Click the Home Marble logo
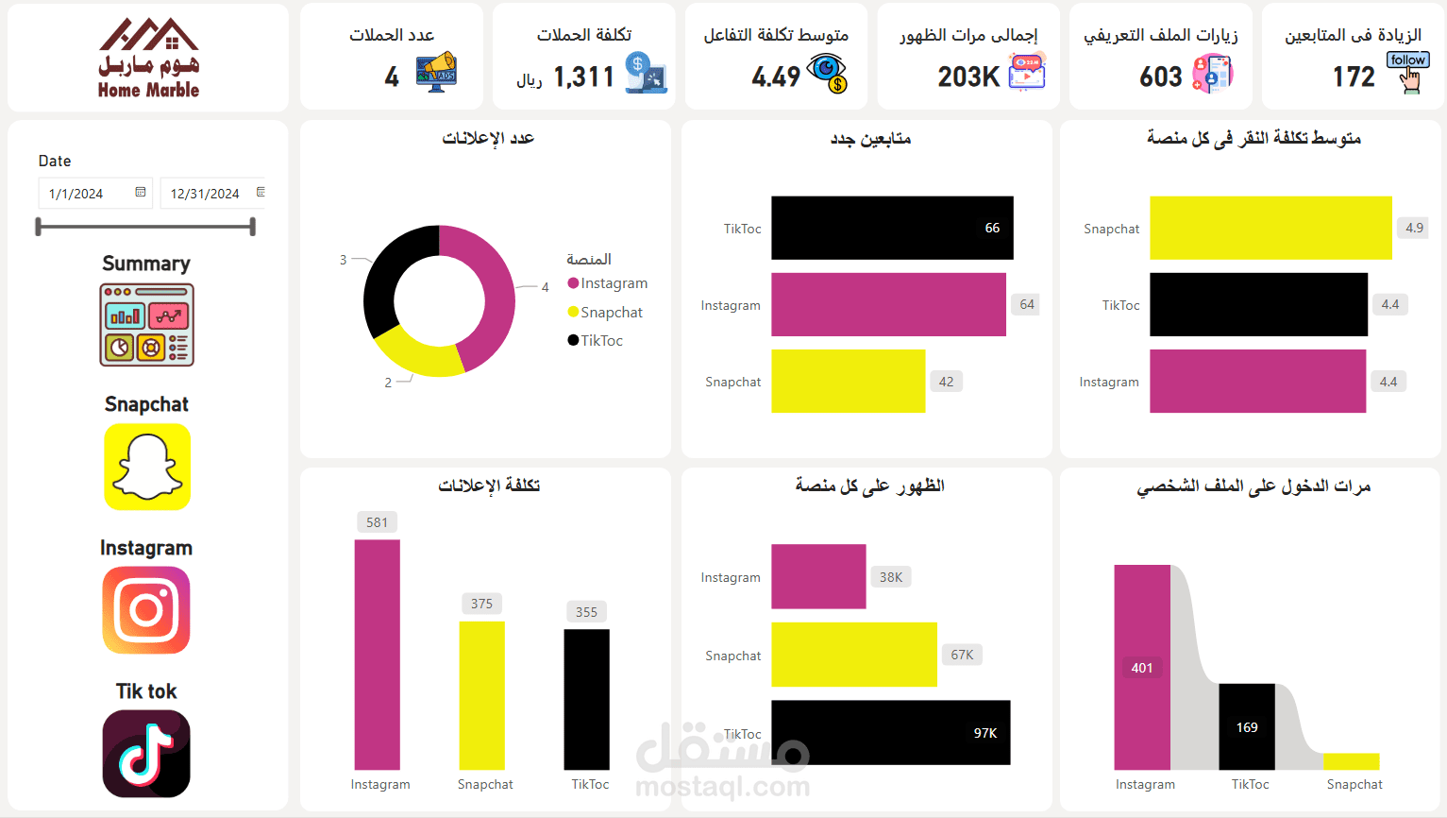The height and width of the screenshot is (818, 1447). [148, 59]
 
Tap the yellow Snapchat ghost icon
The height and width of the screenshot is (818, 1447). [147, 467]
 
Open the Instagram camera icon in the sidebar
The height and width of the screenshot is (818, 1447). [146, 610]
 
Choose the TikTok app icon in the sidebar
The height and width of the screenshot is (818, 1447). [146, 754]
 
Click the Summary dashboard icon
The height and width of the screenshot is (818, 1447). [146, 325]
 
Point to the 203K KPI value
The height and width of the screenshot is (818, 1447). [967, 77]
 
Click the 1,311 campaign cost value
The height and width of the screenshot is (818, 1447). [583, 77]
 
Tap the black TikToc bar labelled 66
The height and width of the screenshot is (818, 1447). [891, 228]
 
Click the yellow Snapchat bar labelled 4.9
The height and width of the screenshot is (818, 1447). [1270, 228]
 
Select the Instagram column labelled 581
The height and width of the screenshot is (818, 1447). [377, 654]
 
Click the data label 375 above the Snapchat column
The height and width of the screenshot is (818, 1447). [481, 604]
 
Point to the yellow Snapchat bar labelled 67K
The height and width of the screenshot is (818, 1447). [853, 655]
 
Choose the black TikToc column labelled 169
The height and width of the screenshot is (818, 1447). [1246, 726]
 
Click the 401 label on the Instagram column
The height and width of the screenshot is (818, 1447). [1142, 668]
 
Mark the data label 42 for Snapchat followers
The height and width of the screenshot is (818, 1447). [946, 382]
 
